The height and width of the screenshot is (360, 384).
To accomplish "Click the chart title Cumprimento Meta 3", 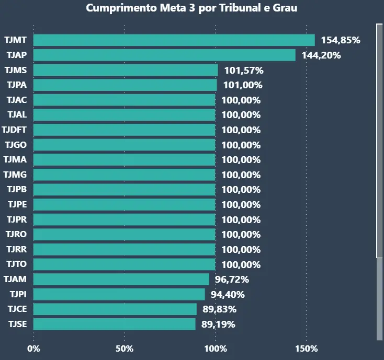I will (191, 8).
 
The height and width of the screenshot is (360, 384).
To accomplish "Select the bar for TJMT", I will (174, 40).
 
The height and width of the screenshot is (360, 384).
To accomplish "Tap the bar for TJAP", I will (164, 55).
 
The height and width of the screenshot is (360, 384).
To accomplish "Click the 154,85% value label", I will (341, 40).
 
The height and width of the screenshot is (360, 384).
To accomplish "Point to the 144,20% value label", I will (321, 55).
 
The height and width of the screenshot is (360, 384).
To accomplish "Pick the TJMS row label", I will (16, 70).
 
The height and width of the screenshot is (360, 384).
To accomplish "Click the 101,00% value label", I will (243, 85).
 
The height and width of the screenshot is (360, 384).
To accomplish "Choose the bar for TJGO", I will (125, 145).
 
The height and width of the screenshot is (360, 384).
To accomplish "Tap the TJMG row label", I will (16, 175).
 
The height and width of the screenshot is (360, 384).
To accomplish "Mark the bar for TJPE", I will (125, 204).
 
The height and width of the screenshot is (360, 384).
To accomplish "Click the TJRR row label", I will (16, 249).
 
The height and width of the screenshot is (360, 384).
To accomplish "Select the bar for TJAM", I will (121, 280).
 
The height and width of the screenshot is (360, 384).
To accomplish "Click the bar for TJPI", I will (119, 294).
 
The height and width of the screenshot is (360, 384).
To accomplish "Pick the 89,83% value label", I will (220, 309).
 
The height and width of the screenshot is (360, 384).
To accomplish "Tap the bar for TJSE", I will (115, 324).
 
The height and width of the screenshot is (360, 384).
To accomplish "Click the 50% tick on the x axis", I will (125, 349).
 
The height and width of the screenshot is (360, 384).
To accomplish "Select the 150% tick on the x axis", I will (307, 349).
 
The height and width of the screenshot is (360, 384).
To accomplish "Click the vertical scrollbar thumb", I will (379, 140).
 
